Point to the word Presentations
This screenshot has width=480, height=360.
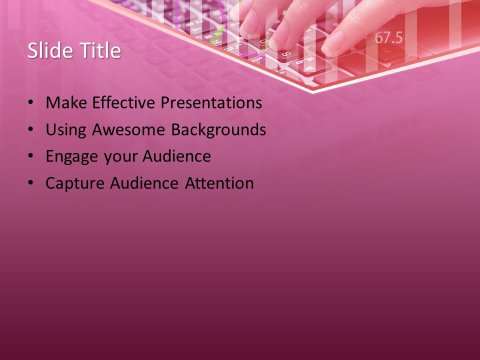(x=211, y=103)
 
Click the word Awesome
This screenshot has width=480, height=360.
(x=130, y=130)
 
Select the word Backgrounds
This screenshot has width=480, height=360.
(x=218, y=130)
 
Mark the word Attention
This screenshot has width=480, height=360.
(x=219, y=183)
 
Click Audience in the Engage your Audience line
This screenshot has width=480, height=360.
(x=176, y=156)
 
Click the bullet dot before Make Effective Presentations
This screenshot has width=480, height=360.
(x=31, y=103)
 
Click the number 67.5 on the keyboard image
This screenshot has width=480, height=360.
(x=388, y=38)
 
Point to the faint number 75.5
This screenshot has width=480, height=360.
(x=49, y=25)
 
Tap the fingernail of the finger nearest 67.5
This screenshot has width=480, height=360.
(x=332, y=45)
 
